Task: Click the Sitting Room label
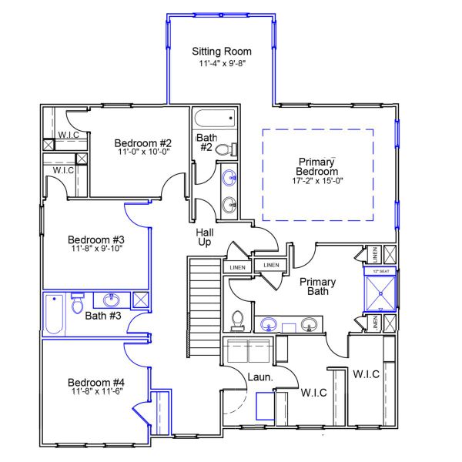click(221, 52)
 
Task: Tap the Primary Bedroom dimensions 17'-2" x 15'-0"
click(317, 182)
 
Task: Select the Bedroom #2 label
click(142, 142)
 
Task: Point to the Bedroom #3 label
click(95, 239)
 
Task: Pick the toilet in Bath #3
click(77, 304)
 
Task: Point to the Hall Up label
click(205, 236)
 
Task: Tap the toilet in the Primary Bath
click(238, 320)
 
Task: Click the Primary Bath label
click(318, 286)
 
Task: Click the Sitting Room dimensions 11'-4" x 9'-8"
click(221, 65)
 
